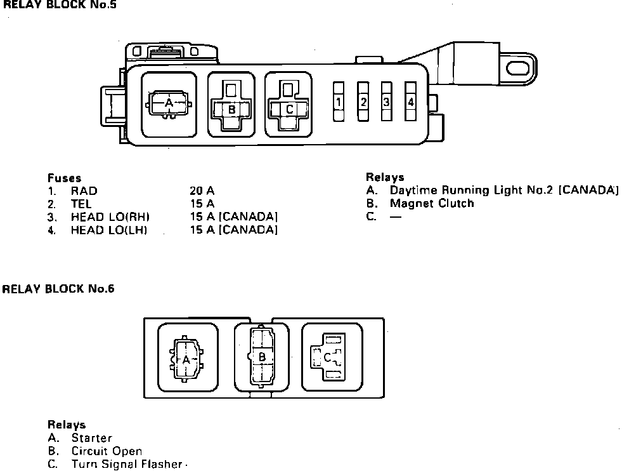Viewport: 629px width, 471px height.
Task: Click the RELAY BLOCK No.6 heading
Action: (58, 289)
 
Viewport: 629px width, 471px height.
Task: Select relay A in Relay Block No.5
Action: (169, 103)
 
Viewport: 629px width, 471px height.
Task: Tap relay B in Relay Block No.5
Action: (231, 109)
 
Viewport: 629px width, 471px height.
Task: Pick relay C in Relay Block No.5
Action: (289, 109)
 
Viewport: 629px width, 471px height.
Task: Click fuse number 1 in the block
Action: (339, 102)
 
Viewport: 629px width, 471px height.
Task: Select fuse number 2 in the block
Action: (363, 102)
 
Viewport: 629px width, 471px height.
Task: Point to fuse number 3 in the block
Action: (386, 102)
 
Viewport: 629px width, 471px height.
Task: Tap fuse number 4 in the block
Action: (411, 102)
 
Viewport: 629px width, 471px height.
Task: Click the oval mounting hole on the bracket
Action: (521, 65)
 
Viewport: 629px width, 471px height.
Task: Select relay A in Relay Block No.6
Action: (186, 359)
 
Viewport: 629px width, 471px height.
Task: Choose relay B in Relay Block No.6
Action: (261, 357)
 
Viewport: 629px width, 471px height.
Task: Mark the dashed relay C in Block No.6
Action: (327, 358)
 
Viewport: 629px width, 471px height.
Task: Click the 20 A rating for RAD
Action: (202, 190)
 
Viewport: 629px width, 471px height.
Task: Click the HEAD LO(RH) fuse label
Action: (109, 217)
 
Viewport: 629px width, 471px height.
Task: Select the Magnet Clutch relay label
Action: (432, 204)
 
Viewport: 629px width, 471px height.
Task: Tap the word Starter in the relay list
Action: (91, 438)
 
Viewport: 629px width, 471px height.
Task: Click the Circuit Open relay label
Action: (107, 451)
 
